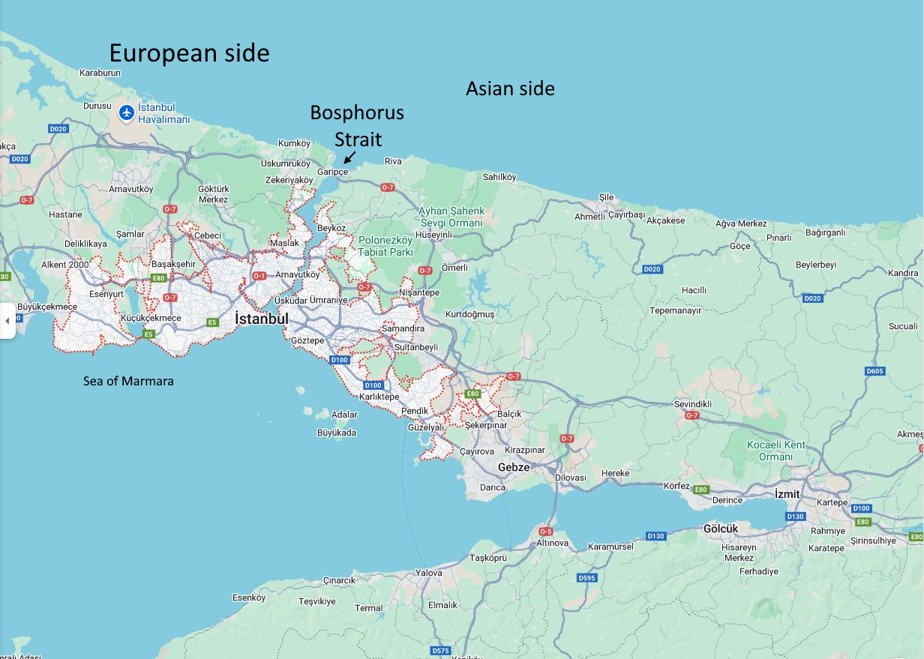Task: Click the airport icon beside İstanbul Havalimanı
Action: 127,112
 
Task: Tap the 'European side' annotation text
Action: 189,53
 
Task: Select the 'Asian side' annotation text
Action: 510,88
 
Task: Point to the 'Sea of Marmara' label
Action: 128,381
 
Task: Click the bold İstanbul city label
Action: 261,319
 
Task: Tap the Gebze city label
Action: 514,467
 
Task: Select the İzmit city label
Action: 787,494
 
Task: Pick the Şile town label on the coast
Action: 606,197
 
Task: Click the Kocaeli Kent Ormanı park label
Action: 775,451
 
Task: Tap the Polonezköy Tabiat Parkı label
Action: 385,246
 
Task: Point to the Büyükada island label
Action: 337,433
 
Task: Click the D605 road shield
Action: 874,371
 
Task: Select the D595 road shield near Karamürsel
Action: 586,578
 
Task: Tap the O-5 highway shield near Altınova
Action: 545,532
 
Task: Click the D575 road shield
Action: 441,650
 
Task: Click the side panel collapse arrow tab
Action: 7,321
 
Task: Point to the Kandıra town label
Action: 902,273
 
